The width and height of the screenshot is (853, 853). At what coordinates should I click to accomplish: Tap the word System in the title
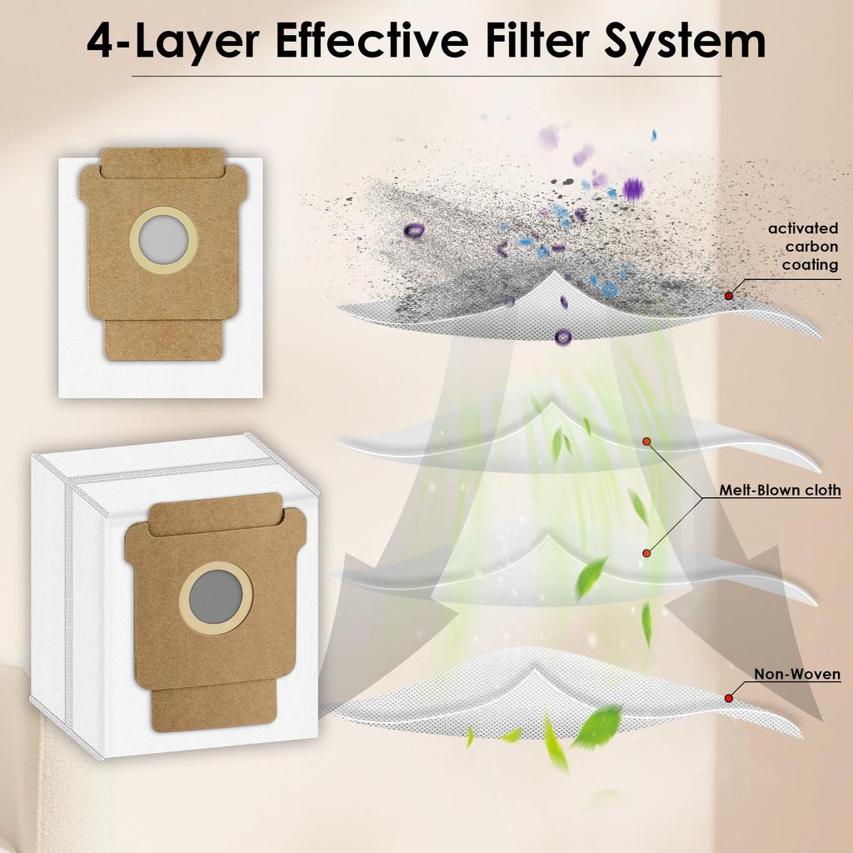[x=685, y=42]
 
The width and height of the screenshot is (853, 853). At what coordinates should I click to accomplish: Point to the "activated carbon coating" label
[x=803, y=247]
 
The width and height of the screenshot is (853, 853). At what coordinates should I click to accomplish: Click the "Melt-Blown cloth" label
[x=780, y=490]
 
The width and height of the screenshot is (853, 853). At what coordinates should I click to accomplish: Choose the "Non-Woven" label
[x=797, y=674]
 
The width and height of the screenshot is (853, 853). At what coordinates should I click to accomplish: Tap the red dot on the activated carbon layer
[x=728, y=296]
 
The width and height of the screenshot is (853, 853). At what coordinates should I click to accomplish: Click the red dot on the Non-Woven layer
[x=728, y=698]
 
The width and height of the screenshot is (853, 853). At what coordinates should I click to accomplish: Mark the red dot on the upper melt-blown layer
[x=646, y=441]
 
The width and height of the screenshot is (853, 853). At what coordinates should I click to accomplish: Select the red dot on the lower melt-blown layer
[x=646, y=553]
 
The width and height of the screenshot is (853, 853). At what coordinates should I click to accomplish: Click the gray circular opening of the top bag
[x=163, y=239]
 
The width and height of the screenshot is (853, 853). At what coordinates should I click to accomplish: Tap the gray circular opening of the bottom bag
[x=216, y=598]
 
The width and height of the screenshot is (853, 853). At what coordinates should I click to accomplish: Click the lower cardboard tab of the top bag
[x=163, y=340]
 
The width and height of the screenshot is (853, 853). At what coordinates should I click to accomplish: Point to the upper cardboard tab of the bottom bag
[x=215, y=514]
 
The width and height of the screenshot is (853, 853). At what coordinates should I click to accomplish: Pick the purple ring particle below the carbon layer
[x=563, y=337]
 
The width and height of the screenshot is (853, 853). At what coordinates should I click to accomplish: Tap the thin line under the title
[x=426, y=76]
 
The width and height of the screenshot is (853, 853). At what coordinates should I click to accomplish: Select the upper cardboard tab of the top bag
[x=163, y=163]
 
